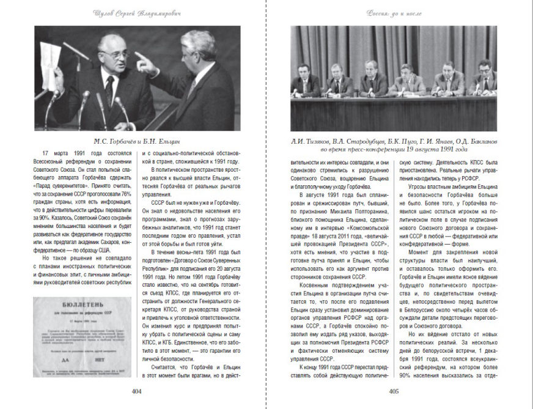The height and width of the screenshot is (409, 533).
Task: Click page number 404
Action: click(x=137, y=392)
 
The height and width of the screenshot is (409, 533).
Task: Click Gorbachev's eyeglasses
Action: click(x=115, y=54)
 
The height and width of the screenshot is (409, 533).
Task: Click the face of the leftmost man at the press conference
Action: click(x=304, y=70)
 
